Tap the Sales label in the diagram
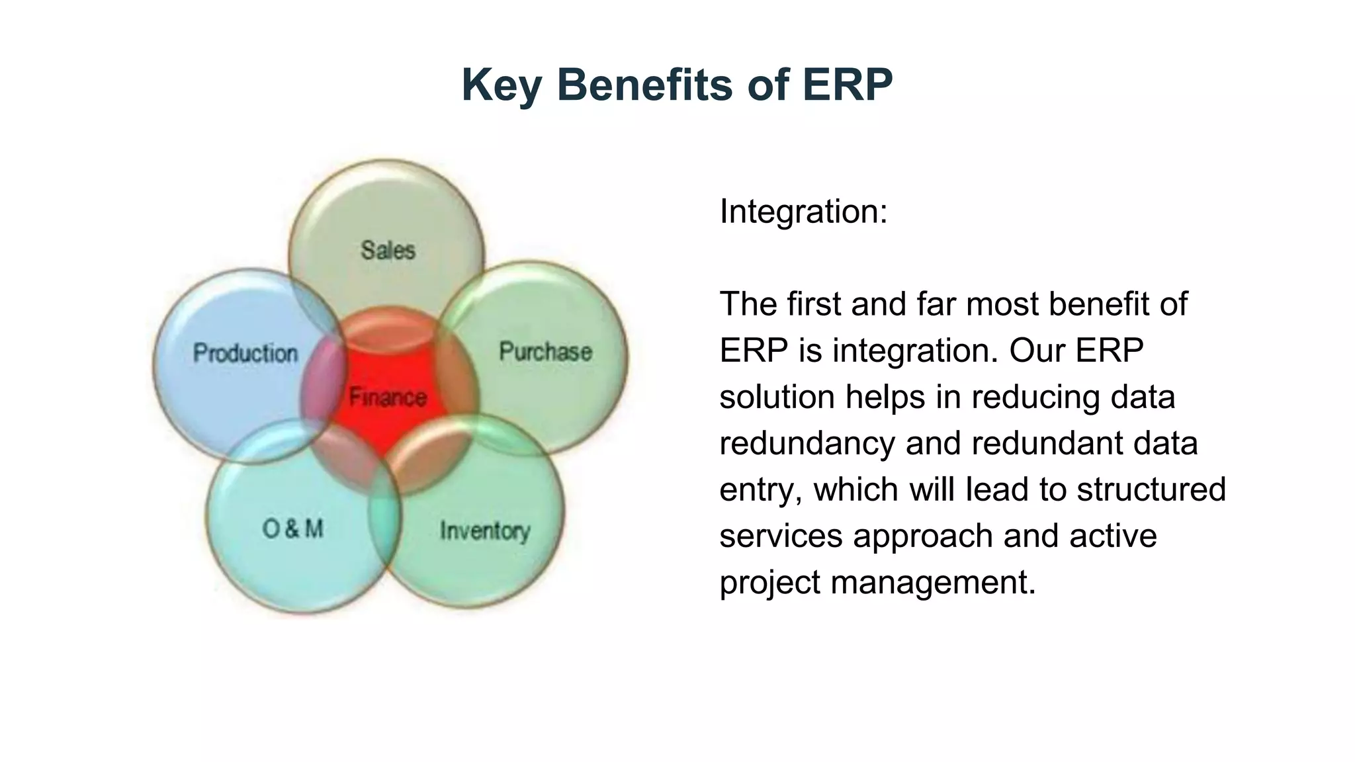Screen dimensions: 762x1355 click(388, 250)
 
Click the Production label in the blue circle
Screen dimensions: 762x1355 click(245, 353)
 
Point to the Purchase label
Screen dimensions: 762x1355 click(545, 351)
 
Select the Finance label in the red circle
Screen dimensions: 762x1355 click(388, 397)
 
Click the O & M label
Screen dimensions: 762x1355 click(292, 529)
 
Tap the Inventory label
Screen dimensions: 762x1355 click(485, 530)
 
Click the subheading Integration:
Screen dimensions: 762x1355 click(803, 212)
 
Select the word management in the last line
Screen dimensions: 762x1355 click(933, 583)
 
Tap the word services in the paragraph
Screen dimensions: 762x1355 click(781, 536)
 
